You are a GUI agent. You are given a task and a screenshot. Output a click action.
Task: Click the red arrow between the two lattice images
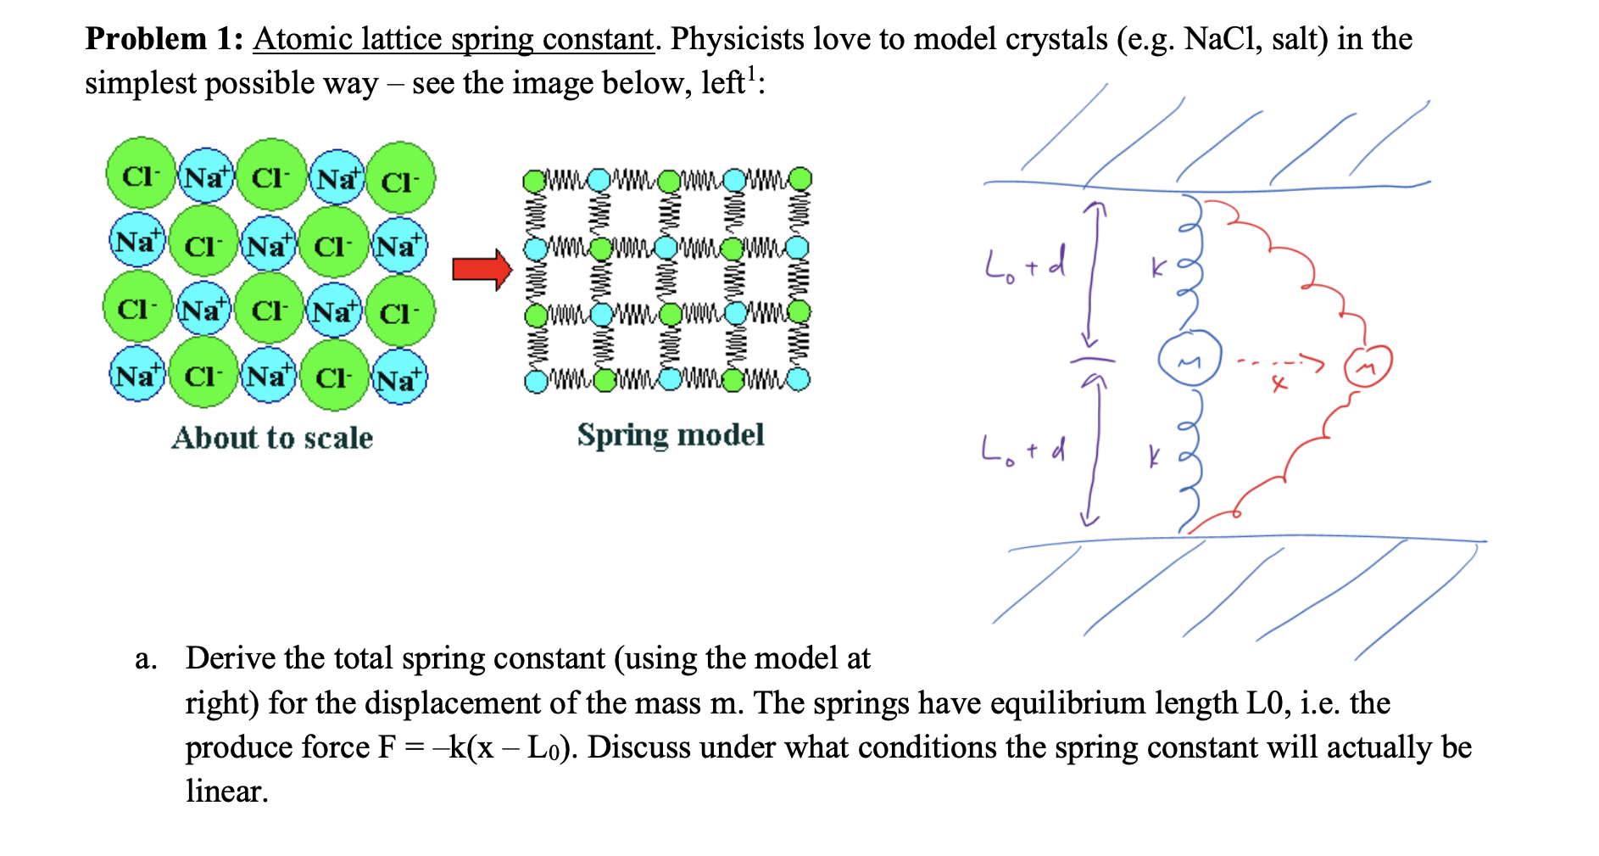(x=482, y=270)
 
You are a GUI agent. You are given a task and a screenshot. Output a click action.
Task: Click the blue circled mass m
(x=1189, y=359)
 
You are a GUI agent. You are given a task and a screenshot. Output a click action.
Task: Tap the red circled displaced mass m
(x=1368, y=366)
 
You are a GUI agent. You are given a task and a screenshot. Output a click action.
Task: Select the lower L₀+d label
(x=1022, y=450)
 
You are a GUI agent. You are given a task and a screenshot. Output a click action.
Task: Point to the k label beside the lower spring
(x=1153, y=458)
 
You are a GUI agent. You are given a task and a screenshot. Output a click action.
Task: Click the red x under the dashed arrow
(x=1279, y=384)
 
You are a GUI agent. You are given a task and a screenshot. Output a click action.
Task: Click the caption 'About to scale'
(x=272, y=438)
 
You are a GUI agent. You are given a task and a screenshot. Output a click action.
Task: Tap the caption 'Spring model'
(x=670, y=435)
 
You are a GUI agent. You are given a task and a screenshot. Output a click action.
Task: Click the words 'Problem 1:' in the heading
(x=164, y=39)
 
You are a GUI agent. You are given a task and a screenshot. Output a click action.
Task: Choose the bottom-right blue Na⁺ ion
(x=399, y=378)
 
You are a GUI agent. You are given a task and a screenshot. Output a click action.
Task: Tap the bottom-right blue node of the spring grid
(x=799, y=378)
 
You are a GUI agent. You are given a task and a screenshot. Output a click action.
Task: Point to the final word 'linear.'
(x=226, y=792)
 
